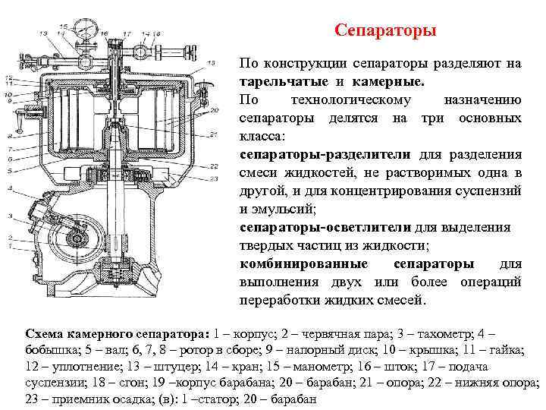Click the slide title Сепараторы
coord(385,32)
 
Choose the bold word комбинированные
coord(304,263)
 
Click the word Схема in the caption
coord(45,333)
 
